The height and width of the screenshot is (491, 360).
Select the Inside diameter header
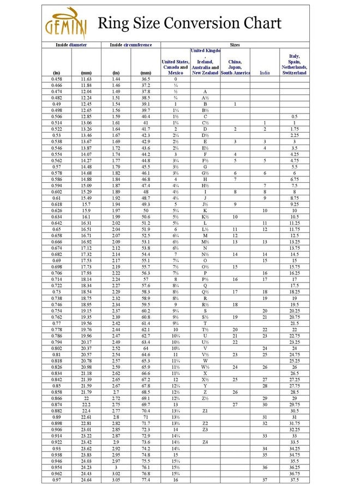71,45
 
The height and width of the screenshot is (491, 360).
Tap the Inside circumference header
131,45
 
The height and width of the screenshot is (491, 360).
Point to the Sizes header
235,45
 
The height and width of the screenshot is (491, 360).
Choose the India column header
265,73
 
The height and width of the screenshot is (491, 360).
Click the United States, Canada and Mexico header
176,67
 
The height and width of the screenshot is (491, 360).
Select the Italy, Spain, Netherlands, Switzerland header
295,64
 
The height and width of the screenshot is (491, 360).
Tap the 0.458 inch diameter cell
56,79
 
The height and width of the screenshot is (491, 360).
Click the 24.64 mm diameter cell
86,480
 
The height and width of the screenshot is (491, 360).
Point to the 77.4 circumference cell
146,480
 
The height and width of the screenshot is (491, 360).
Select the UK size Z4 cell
205,442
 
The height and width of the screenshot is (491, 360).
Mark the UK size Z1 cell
205,410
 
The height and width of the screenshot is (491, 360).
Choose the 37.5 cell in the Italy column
295,480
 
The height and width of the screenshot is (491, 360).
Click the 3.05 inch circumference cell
116,480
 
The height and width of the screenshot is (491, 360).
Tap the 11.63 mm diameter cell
86,79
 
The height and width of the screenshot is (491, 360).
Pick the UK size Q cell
205,285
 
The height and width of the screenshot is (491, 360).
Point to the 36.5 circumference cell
146,79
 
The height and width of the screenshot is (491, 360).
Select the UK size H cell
205,179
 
